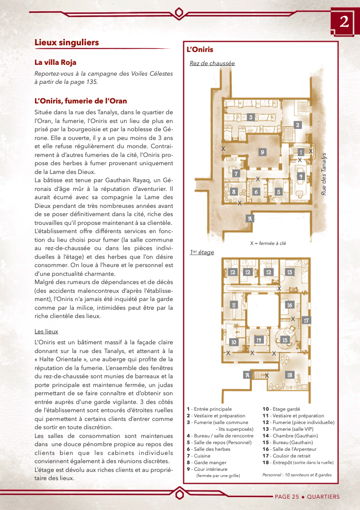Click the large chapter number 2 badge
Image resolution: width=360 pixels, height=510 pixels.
click(344, 22)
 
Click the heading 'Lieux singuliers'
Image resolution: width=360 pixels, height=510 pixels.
click(66, 42)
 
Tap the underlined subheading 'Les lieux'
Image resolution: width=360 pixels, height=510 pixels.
click(46, 331)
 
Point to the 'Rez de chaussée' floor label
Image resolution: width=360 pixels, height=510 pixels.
click(212, 63)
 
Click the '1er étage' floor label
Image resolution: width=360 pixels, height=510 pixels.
click(202, 252)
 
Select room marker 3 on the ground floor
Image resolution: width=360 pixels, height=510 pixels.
click(250, 117)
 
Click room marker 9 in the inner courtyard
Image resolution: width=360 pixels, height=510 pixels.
click(262, 152)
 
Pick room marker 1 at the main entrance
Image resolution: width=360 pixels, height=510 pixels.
click(301, 152)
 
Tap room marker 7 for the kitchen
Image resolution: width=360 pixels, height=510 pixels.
click(236, 173)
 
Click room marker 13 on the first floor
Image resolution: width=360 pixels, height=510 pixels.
click(289, 272)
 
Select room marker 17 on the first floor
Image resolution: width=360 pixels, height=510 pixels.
click(306, 320)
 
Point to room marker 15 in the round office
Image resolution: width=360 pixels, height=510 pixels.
click(284, 340)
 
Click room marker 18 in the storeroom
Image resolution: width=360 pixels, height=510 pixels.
click(289, 375)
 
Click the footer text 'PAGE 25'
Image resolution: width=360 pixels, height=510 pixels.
click(286, 497)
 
